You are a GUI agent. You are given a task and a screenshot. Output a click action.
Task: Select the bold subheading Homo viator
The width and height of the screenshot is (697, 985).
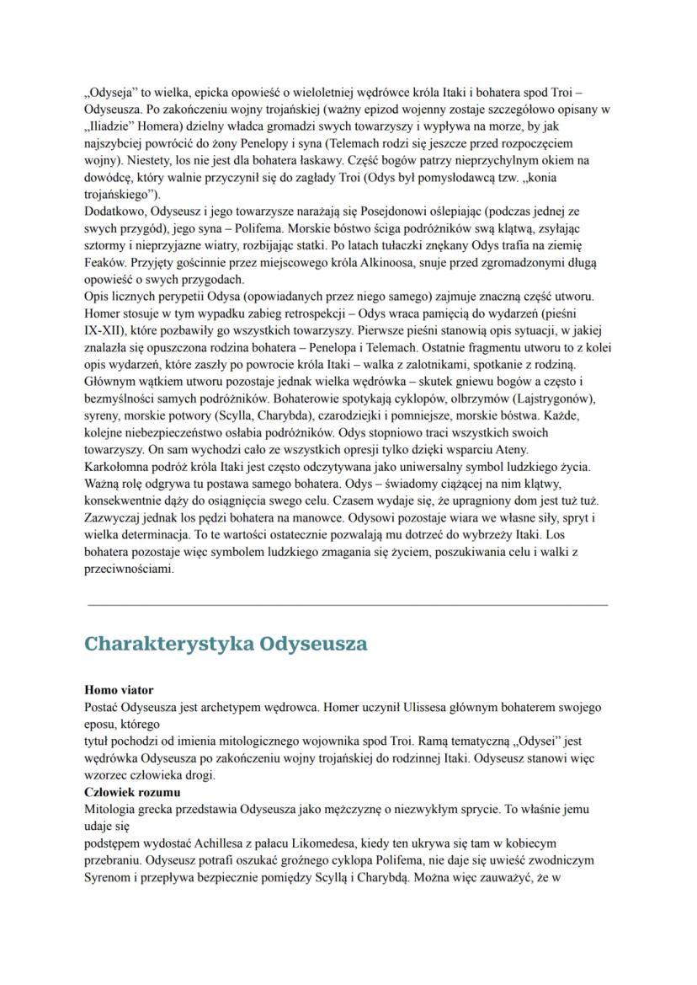[x=120, y=690]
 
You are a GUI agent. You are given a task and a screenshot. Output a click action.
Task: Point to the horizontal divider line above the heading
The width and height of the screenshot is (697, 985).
[x=348, y=605]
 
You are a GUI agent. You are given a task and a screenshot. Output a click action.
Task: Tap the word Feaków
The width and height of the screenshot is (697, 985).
[x=106, y=264]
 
